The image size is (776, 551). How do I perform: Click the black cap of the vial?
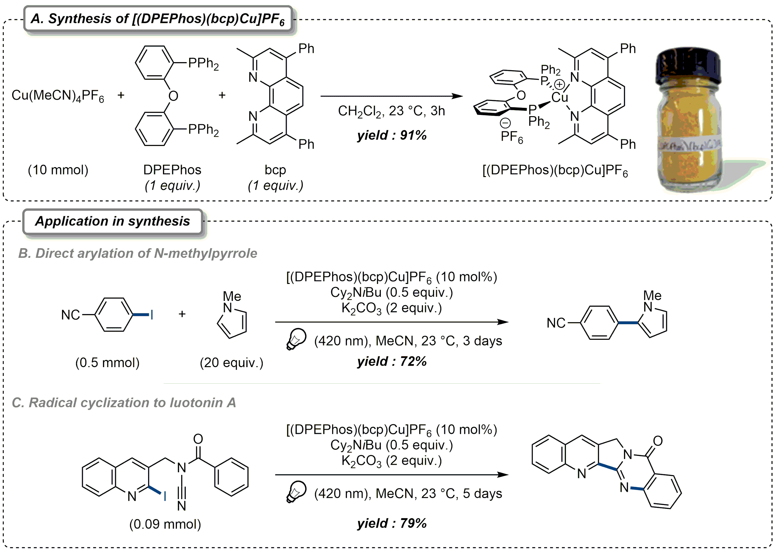688,65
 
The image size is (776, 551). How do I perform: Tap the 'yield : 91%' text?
391,135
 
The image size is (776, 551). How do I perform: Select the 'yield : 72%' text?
391,361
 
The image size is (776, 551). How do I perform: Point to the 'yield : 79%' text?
391,523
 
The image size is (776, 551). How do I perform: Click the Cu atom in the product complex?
559,98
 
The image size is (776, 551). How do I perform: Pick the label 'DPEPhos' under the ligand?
172,170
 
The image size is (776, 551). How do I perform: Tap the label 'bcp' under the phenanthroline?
275,170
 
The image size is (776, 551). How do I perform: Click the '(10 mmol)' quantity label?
58,170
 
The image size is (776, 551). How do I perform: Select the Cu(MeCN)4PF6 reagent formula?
58,96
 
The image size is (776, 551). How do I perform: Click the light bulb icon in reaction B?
296,339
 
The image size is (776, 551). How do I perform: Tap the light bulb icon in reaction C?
296,491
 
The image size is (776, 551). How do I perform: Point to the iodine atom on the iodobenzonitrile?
152,315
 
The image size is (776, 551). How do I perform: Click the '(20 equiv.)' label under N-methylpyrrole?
231,363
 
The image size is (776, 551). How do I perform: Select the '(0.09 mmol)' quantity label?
165,524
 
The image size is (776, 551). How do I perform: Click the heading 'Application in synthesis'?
113,221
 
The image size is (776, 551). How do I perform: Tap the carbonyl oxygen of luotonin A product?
658,441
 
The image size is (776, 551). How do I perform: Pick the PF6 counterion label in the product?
512,137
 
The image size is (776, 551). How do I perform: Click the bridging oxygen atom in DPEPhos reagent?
173,96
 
